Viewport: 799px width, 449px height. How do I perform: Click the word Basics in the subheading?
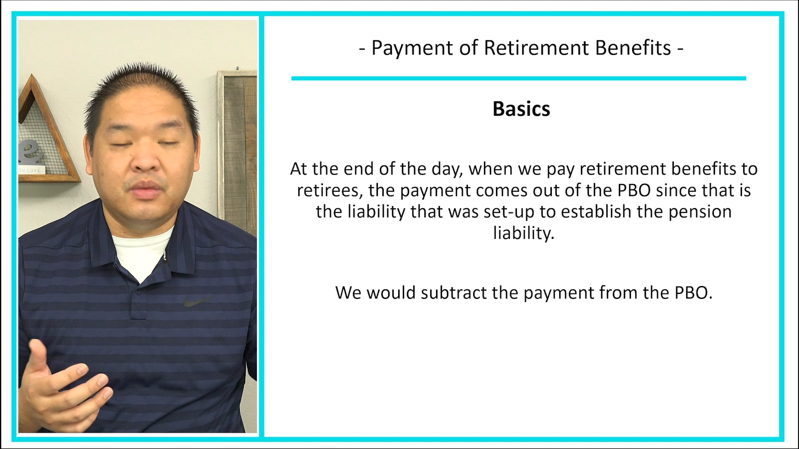[x=521, y=109]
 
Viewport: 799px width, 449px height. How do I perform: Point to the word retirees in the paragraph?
[x=330, y=190]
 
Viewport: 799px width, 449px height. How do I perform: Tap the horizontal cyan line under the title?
[x=519, y=78]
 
